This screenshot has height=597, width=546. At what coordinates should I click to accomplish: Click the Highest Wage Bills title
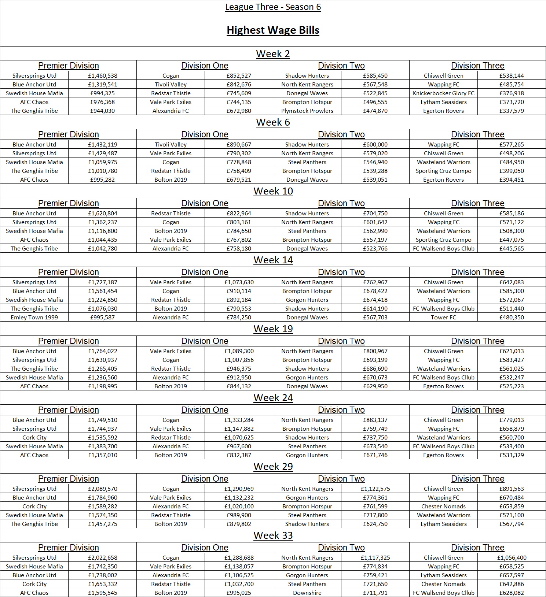[x=273, y=30]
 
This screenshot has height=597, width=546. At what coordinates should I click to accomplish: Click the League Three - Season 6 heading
[x=273, y=7]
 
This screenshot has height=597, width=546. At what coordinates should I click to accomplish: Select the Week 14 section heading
[x=273, y=260]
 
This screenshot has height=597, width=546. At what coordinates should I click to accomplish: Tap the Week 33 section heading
[x=273, y=535]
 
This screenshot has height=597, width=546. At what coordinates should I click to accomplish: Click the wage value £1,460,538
[x=102, y=76]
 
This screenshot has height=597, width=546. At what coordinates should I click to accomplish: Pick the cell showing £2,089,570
[x=102, y=489]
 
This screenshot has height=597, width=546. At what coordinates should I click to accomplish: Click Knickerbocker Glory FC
[x=443, y=93]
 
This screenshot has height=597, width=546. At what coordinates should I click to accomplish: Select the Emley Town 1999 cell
[x=34, y=318]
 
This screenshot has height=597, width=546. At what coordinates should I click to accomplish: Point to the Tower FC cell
[x=443, y=318]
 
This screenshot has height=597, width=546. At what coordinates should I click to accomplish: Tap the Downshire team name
[x=307, y=593]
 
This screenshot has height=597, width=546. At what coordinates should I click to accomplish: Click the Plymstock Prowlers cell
[x=307, y=111]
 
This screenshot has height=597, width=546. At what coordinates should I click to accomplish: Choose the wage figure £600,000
[x=375, y=145]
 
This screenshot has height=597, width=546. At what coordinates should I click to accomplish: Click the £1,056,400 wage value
[x=512, y=558]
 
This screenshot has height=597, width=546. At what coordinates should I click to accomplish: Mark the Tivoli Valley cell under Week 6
[x=171, y=145]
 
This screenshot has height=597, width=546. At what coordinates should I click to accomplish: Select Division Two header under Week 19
[x=341, y=341]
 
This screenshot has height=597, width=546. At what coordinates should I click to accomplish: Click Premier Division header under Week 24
[x=68, y=410]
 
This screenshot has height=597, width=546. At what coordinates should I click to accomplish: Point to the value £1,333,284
[x=239, y=420]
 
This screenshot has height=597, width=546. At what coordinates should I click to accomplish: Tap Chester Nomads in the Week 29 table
[x=443, y=507]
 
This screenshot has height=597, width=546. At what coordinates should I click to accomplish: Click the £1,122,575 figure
[x=375, y=489]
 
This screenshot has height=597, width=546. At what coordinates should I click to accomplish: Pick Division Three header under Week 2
[x=477, y=66]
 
